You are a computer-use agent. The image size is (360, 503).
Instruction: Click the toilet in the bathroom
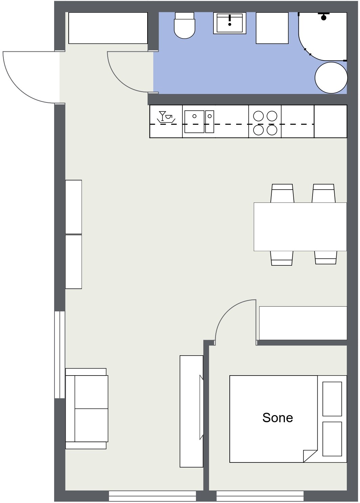184,25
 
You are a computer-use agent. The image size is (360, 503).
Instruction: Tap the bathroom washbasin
229,23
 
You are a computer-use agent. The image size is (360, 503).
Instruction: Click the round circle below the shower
331,78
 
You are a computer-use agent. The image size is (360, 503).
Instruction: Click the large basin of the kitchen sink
195,121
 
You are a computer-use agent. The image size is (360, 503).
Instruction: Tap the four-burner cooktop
265,123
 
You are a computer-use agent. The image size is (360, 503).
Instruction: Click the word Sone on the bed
277,418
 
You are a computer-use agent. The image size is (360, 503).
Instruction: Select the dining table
300,226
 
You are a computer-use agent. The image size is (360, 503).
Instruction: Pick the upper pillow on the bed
332,399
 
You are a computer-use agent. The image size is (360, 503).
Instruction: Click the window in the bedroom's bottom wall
260,497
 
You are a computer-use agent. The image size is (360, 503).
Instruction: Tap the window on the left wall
60,355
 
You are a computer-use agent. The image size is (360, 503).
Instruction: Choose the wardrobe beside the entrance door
108,28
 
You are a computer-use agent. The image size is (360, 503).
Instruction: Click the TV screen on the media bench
201,407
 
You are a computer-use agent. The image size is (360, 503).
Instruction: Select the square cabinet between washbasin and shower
272,28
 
